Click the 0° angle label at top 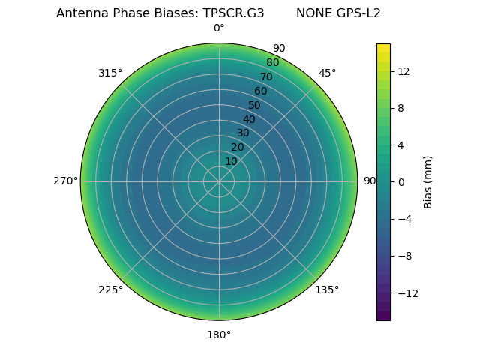pyautogui.click(x=219, y=28)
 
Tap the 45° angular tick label pyautogui.click(x=327, y=73)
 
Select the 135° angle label pyautogui.click(x=327, y=289)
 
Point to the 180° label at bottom pyautogui.click(x=219, y=334)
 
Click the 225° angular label pyautogui.click(x=110, y=289)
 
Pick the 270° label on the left pyautogui.click(x=65, y=181)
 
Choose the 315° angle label pyautogui.click(x=110, y=73)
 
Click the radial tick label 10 pyautogui.click(x=231, y=161)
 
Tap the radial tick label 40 pyautogui.click(x=249, y=119)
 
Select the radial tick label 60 pyautogui.click(x=261, y=91)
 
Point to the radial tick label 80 pyautogui.click(x=273, y=63)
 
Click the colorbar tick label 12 pyautogui.click(x=403, y=71)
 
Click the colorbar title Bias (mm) pyautogui.click(x=428, y=182)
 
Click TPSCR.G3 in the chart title pyautogui.click(x=233, y=13)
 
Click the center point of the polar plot pyautogui.click(x=219, y=181)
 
